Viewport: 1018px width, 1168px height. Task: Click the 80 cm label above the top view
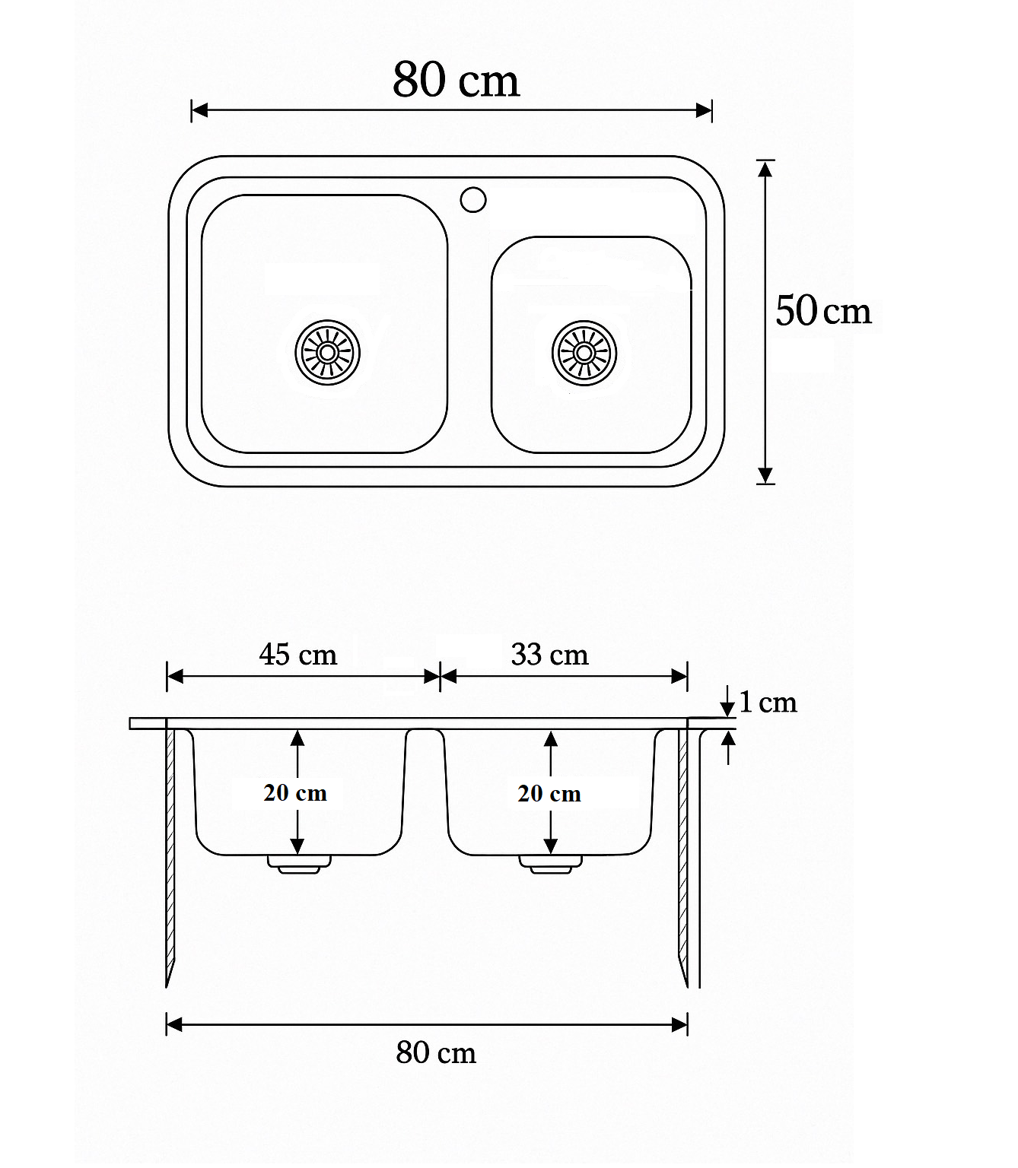click(x=456, y=79)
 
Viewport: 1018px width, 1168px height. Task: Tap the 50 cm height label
click(x=822, y=311)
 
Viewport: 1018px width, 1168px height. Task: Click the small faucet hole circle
click(x=472, y=200)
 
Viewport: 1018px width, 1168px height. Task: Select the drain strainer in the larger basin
click(x=327, y=353)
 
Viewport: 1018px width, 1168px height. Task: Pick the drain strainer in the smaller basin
click(x=584, y=354)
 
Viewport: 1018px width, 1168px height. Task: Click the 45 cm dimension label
click(x=298, y=654)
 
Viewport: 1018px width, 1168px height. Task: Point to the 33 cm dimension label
click(x=549, y=654)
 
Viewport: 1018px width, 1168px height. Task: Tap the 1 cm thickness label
click(x=768, y=702)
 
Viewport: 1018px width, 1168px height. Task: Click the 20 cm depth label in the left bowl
click(x=295, y=793)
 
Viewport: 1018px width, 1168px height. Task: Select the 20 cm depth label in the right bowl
click(x=549, y=794)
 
